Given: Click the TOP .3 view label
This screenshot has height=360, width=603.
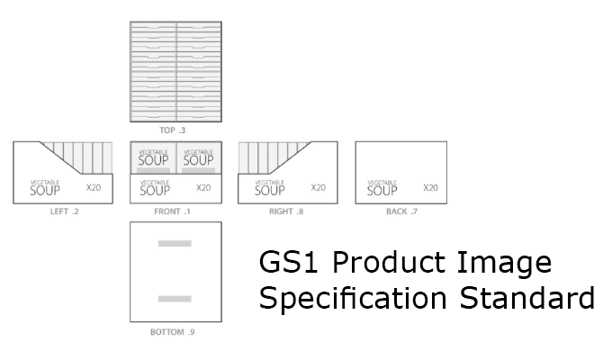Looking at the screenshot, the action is [x=172, y=130].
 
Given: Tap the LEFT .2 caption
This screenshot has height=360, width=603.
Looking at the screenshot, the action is [x=64, y=211].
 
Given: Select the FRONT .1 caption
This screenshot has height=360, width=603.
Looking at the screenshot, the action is [x=172, y=211].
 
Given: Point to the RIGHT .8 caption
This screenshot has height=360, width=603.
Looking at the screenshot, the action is [x=286, y=211].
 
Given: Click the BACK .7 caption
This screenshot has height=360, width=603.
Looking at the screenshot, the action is [x=401, y=211].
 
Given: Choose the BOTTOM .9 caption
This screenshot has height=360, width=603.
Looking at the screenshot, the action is [x=172, y=332].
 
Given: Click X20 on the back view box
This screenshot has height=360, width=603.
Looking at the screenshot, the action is [x=431, y=188].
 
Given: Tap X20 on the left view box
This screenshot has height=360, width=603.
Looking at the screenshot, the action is [x=94, y=188].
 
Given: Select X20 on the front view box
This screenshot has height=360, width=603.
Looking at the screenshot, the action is [x=203, y=188].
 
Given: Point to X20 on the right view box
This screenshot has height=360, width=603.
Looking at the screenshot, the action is [x=318, y=188].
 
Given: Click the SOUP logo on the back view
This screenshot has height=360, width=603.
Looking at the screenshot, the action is [x=382, y=188].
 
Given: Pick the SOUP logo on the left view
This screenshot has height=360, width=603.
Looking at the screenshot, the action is [x=45, y=188].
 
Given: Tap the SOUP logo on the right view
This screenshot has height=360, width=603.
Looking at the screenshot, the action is [x=270, y=188].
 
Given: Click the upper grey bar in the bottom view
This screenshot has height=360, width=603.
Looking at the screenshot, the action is [x=175, y=244].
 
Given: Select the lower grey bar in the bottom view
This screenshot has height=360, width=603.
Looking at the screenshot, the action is [x=175, y=299].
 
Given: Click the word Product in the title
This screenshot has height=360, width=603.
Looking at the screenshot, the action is [x=390, y=262].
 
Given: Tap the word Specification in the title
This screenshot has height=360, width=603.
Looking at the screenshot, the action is [x=353, y=299].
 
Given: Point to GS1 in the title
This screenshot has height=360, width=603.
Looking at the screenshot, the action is [x=289, y=262].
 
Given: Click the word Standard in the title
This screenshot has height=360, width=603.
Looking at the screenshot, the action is [x=527, y=297].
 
